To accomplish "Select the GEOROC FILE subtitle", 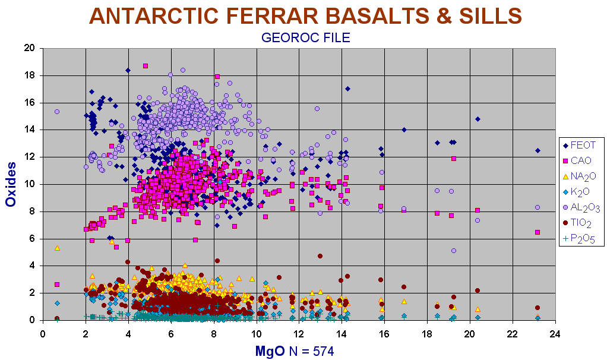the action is click(x=305, y=37).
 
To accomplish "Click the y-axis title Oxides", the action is click(x=11, y=184).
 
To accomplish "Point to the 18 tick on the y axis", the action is click(x=30, y=75).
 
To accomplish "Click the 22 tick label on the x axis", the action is click(x=513, y=334).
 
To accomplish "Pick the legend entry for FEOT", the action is click(x=580, y=145).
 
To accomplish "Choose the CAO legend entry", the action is click(x=577, y=160).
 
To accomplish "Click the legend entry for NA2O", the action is click(x=579, y=176).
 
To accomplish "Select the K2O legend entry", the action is click(x=577, y=192).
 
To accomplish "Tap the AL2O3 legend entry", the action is click(x=581, y=207).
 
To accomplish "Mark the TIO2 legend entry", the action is click(x=577, y=223).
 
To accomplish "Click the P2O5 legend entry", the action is click(x=578, y=239).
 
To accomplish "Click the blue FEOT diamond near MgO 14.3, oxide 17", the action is click(x=347, y=89).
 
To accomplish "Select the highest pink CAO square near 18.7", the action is click(x=146, y=66).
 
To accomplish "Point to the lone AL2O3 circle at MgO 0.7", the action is click(x=57, y=112).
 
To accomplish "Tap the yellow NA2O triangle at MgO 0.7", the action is click(x=57, y=248).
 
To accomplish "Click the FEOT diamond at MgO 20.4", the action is click(x=478, y=119).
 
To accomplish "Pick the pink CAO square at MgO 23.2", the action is click(x=538, y=232).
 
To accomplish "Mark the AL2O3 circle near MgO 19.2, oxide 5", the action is click(x=454, y=251).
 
